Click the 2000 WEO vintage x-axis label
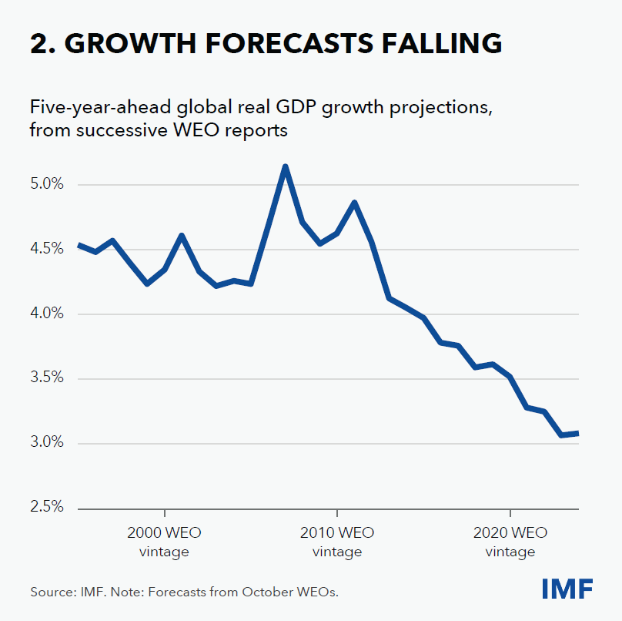pos(164,542)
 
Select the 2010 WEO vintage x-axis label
pos(337,542)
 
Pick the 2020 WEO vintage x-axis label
pos(510,542)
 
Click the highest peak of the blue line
pos(285,166)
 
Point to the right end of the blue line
pos(577,434)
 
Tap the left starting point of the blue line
pos(79,245)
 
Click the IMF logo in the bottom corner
pos(567,589)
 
